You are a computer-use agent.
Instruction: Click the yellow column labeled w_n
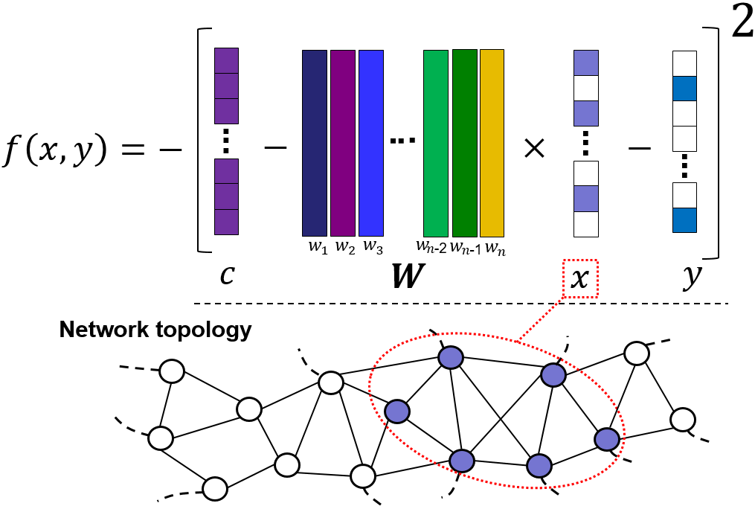(x=492, y=143)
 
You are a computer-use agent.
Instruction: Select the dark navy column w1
(x=315, y=143)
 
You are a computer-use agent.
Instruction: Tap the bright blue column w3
(x=371, y=143)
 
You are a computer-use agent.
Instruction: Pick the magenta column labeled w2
(x=343, y=143)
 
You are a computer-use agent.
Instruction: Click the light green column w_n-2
(x=436, y=143)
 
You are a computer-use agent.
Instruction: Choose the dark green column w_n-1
(x=465, y=143)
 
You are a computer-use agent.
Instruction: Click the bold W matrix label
(x=408, y=276)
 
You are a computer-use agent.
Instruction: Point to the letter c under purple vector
(x=228, y=275)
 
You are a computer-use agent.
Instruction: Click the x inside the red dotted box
(x=579, y=278)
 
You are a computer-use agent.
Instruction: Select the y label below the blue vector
(x=692, y=277)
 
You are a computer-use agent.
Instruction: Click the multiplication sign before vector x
(x=534, y=148)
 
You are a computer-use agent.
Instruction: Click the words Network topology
(x=155, y=330)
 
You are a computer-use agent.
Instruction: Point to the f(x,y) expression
(x=54, y=150)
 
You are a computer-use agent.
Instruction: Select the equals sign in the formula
(x=133, y=150)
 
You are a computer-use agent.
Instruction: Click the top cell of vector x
(x=586, y=63)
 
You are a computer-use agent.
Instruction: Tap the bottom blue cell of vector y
(x=684, y=220)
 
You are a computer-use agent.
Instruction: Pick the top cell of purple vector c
(x=226, y=61)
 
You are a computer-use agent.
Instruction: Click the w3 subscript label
(x=373, y=246)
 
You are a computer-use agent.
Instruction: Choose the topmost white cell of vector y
(x=684, y=63)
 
